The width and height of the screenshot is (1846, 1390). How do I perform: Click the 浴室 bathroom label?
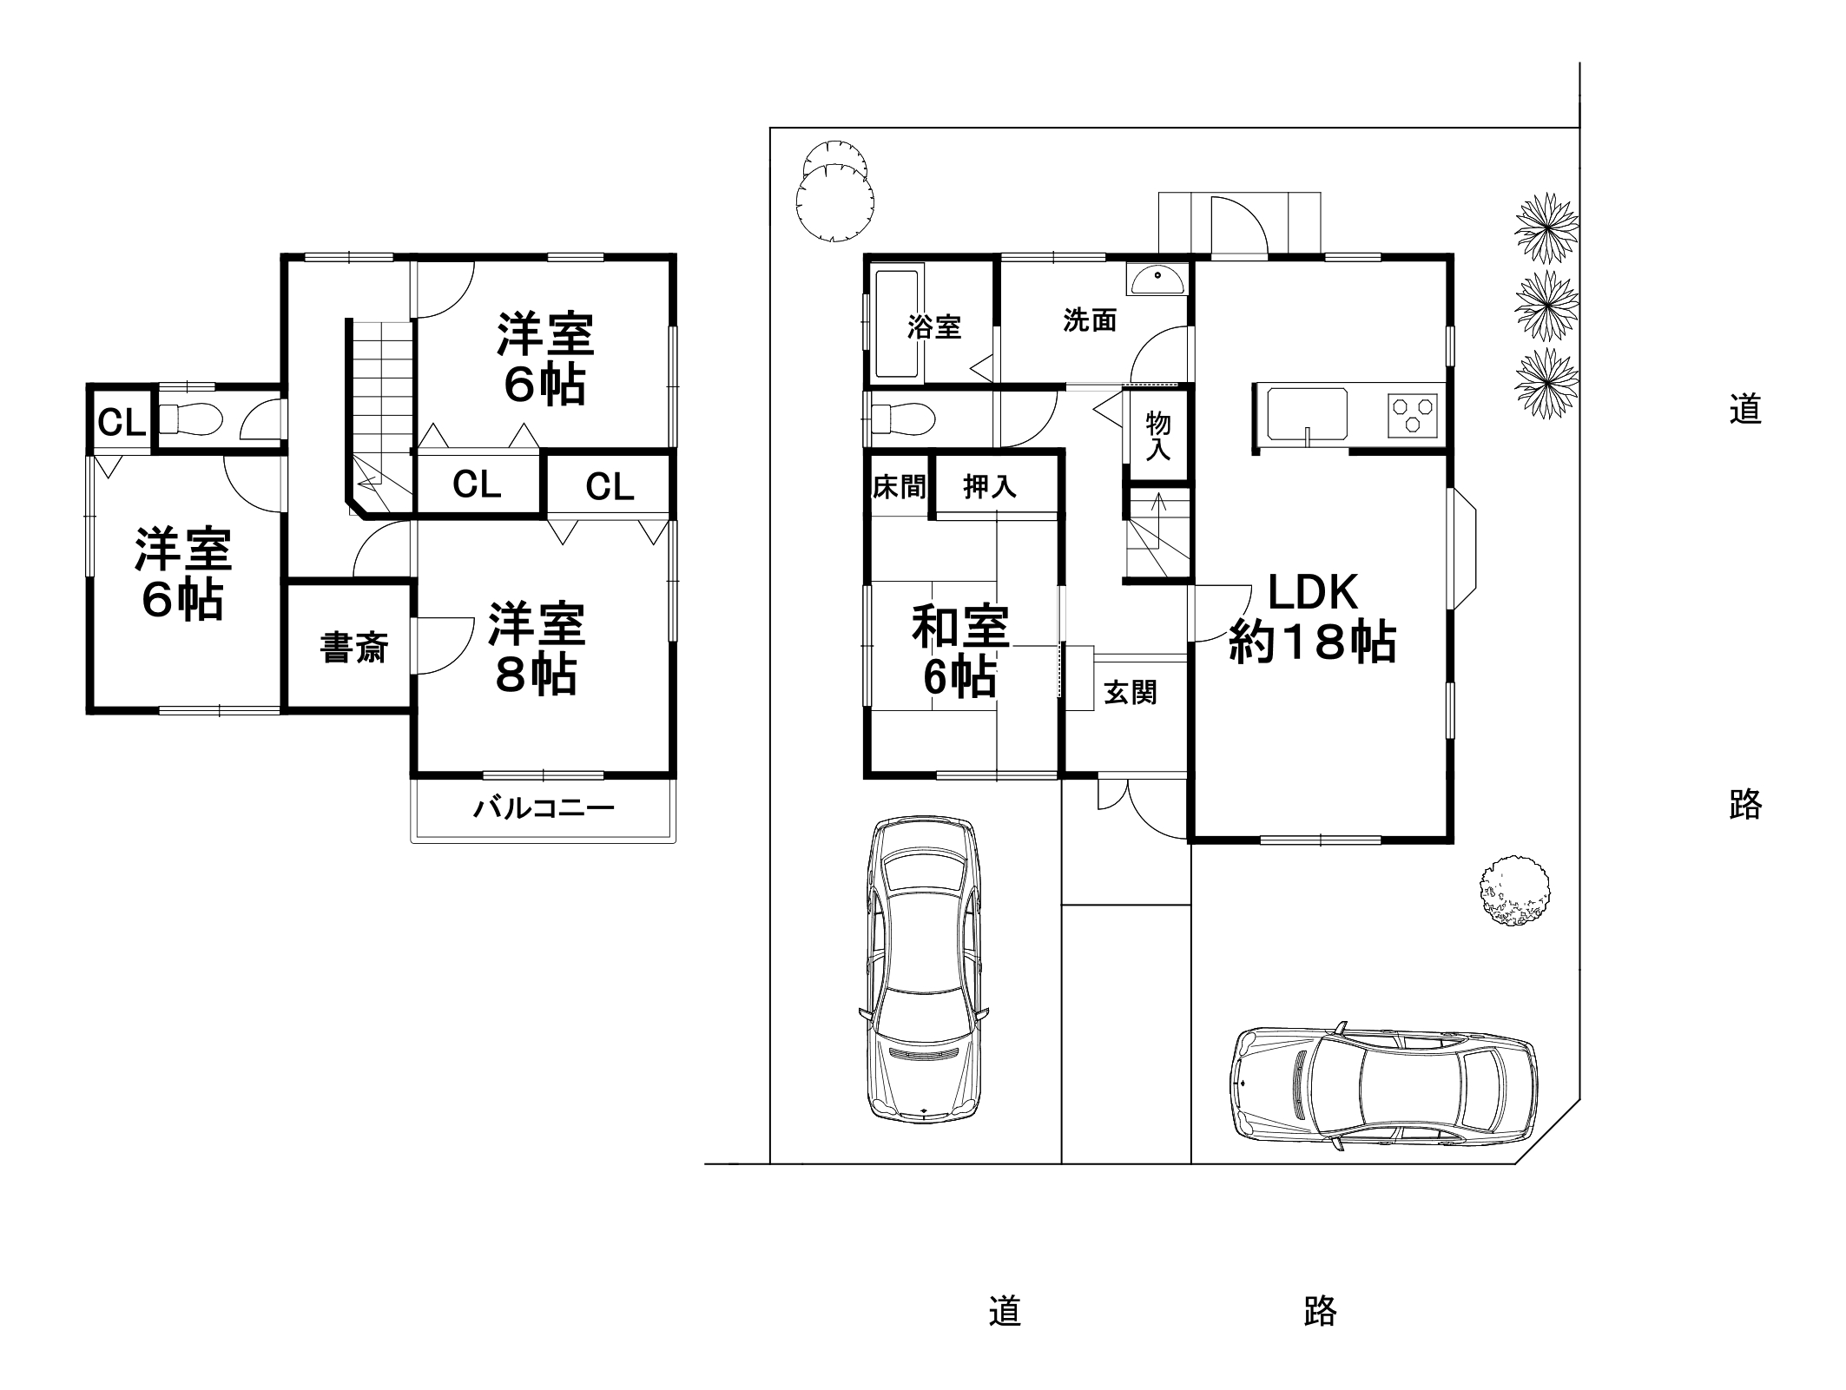[x=934, y=327]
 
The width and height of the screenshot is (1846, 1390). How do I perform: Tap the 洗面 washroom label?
[x=1090, y=320]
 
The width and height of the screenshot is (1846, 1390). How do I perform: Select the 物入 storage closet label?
[x=1157, y=436]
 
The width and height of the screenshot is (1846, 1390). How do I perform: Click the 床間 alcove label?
[x=898, y=487]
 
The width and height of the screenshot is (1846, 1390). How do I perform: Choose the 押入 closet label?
[x=989, y=487]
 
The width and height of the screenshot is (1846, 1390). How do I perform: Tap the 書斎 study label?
[x=353, y=648]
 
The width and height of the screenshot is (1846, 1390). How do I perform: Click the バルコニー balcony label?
[x=544, y=809]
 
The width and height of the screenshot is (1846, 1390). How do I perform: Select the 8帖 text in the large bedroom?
[x=536, y=675]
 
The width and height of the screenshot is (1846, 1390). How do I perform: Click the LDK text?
[x=1313, y=592]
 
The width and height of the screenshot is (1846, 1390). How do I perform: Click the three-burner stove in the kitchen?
[x=1413, y=416]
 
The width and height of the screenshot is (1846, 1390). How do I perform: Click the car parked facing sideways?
[x=1382, y=1090]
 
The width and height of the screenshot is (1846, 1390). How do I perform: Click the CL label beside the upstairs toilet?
[x=121, y=423]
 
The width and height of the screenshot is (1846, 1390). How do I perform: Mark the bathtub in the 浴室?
[x=897, y=325]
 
